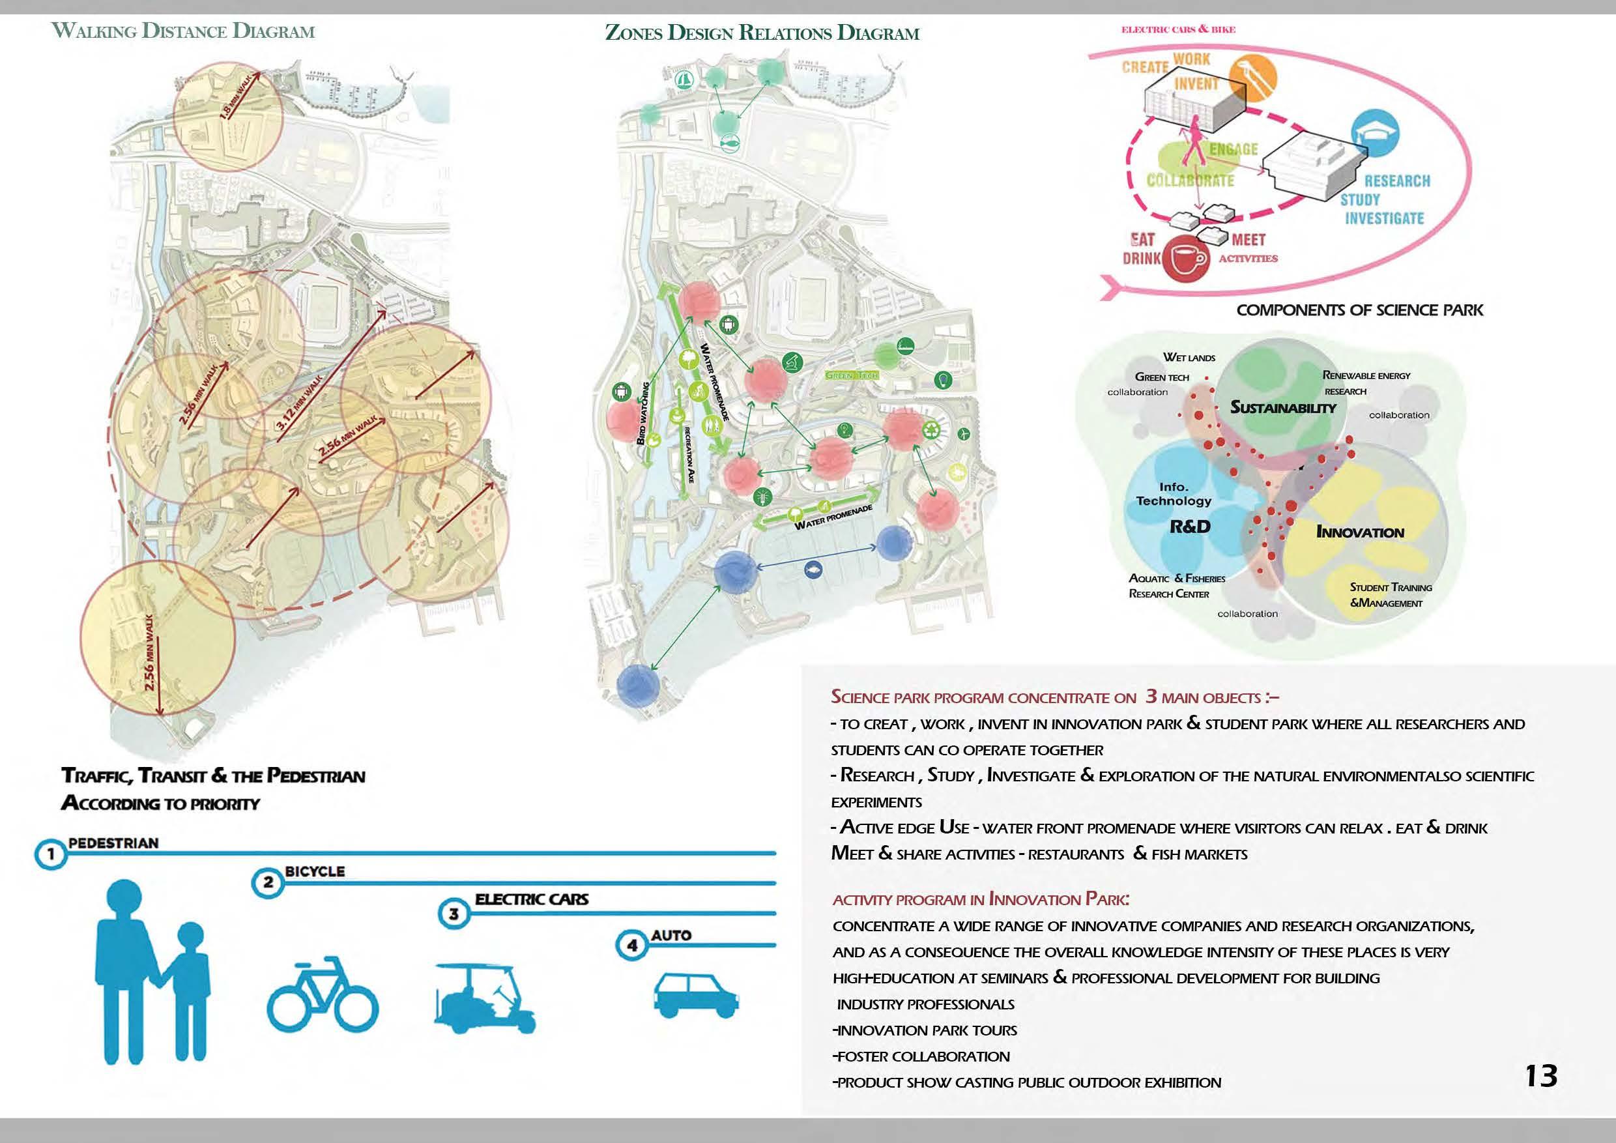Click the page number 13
pyautogui.click(x=1540, y=1076)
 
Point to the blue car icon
pyautogui.click(x=695, y=993)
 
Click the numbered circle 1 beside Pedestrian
pyautogui.click(x=51, y=855)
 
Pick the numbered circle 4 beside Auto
pyautogui.click(x=632, y=946)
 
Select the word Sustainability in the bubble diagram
pyautogui.click(x=1282, y=407)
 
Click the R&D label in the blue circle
pyautogui.click(x=1189, y=527)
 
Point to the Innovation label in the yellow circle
pyautogui.click(x=1360, y=533)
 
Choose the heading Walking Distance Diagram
pyautogui.click(x=184, y=32)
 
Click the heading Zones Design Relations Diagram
pyautogui.click(x=762, y=33)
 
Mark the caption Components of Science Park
pyautogui.click(x=1359, y=310)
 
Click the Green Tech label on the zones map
pyautogui.click(x=852, y=376)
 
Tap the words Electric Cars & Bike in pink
pyautogui.click(x=1177, y=29)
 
